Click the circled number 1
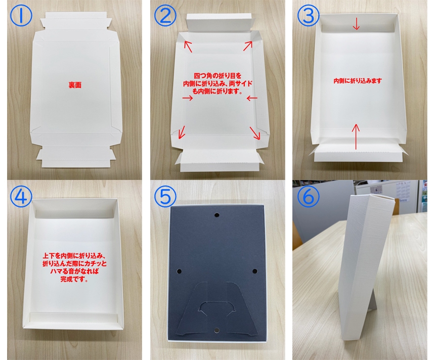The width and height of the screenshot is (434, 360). [x=21, y=15]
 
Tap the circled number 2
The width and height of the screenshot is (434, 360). [x=165, y=15]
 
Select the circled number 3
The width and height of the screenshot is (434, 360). [x=309, y=15]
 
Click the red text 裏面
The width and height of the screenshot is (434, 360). [x=75, y=85]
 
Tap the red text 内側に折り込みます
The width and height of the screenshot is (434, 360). [x=358, y=80]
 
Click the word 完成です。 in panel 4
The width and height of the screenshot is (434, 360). [x=74, y=279]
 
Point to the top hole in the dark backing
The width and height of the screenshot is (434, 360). [x=217, y=215]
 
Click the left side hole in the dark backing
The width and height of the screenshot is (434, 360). [x=179, y=271]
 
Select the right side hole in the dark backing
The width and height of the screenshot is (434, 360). [x=255, y=271]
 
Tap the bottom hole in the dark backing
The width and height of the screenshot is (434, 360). [x=216, y=330]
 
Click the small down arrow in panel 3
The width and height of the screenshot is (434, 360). [x=356, y=24]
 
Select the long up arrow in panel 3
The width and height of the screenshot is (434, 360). [x=356, y=137]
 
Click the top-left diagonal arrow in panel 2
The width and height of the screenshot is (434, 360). [x=188, y=46]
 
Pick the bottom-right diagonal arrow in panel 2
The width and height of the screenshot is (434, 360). [x=255, y=133]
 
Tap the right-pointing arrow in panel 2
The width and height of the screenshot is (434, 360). [x=188, y=98]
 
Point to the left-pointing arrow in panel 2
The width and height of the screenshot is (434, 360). [x=252, y=98]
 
